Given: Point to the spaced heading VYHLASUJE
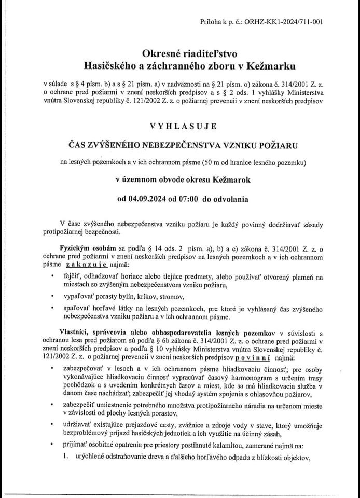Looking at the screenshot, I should point(179,126).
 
